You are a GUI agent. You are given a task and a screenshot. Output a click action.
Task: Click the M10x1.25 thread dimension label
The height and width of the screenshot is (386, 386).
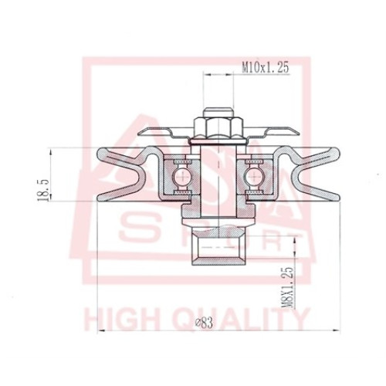(266, 68)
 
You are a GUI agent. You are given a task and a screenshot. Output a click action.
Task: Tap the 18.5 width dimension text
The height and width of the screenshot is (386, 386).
(43, 191)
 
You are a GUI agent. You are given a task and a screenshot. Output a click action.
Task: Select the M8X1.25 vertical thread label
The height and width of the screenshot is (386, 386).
(287, 287)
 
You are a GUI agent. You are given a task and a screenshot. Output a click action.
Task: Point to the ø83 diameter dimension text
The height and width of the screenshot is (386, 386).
(204, 323)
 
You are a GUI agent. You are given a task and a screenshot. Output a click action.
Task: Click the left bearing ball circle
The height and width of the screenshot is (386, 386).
(182, 176)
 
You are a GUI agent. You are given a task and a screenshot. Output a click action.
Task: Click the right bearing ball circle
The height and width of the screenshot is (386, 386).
(254, 176)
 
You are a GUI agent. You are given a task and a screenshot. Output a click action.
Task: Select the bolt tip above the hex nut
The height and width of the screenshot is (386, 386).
(218, 112)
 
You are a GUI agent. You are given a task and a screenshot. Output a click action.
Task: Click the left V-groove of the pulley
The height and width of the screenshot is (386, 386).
(121, 175)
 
